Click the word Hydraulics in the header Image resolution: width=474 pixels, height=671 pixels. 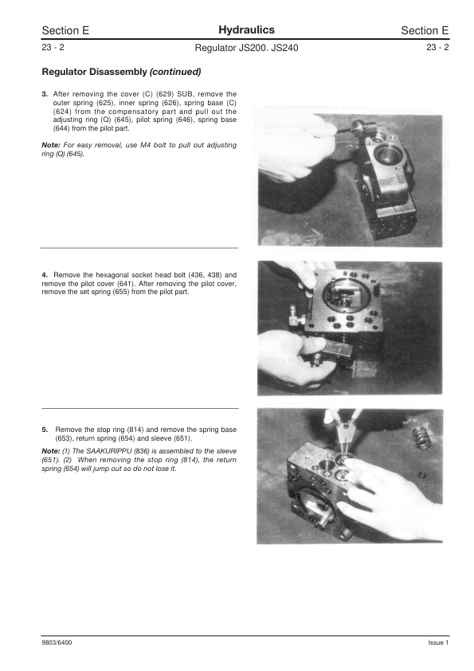click(x=236, y=29)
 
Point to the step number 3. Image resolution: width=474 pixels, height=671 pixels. click(x=45, y=93)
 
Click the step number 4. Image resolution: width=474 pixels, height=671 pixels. click(x=45, y=275)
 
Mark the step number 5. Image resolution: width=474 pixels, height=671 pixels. click(x=45, y=430)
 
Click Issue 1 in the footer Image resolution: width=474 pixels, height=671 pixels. click(x=438, y=642)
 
